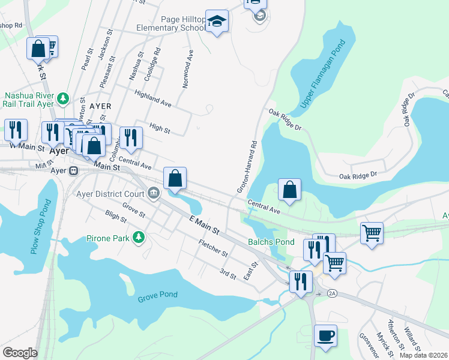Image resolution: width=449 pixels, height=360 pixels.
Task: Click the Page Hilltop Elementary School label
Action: pyautogui.click(x=171, y=23)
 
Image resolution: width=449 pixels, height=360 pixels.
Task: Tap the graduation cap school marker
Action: pyautogui.click(x=217, y=22)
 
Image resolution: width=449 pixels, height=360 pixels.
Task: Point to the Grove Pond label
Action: pyautogui.click(x=159, y=298)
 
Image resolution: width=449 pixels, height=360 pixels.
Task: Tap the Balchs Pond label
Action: pyautogui.click(x=271, y=242)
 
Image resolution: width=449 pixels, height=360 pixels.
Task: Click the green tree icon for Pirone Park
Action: pyautogui.click(x=139, y=238)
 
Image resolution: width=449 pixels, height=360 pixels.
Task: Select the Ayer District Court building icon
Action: pyautogui.click(x=154, y=194)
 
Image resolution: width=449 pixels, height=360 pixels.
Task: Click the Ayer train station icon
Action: pyautogui.click(x=73, y=170)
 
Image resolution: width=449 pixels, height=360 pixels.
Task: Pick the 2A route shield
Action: pyautogui.click(x=333, y=293)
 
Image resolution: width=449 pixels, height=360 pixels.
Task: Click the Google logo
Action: pyautogui.click(x=20, y=353)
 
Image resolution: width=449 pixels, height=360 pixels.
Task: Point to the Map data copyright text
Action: pyautogui.click(x=423, y=355)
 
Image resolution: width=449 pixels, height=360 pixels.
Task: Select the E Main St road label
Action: pyautogui.click(x=204, y=225)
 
